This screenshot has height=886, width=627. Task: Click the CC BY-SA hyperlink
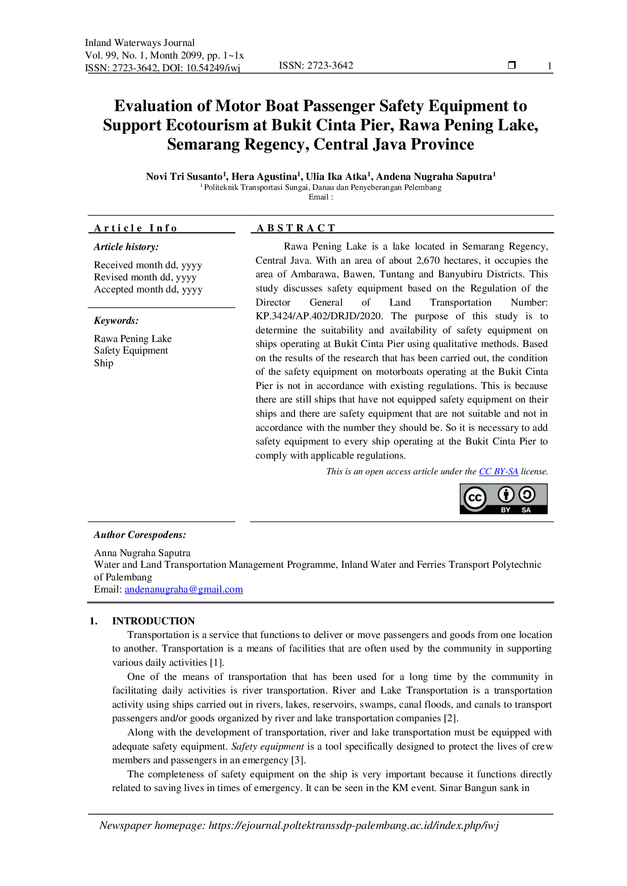point(498,471)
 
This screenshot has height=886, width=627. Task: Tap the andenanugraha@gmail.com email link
point(184,589)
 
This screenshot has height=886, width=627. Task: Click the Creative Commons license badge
point(503,499)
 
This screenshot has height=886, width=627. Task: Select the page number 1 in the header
point(549,66)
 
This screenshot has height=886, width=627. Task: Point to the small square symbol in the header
point(512,65)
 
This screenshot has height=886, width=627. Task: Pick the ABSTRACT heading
point(296,228)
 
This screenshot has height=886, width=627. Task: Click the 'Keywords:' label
point(116,321)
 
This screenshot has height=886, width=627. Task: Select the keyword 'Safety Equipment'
point(131,351)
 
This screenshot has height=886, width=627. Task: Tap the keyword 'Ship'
point(104,363)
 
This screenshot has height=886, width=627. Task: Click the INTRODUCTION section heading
point(154,621)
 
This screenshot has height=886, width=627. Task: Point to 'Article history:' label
point(126,247)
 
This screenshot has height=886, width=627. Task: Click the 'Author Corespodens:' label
point(140,535)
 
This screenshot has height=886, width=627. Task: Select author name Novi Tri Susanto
point(184,176)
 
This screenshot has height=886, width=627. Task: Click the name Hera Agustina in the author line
point(264,176)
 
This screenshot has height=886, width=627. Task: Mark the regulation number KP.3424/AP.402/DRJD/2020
point(319,316)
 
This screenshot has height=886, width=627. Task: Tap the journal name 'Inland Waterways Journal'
point(139,42)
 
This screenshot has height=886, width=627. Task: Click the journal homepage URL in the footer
point(354,825)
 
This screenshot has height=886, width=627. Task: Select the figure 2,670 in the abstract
point(428,261)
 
